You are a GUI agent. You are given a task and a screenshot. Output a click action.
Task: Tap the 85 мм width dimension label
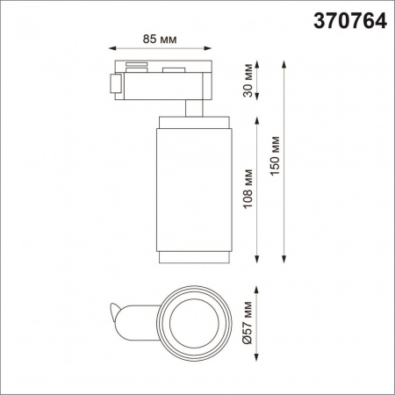coord(163,39)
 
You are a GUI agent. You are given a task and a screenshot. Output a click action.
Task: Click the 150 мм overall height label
coord(276,158)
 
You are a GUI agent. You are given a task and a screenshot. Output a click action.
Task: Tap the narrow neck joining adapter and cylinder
coord(193,106)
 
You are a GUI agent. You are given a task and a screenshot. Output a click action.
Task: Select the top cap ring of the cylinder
coord(193,121)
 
